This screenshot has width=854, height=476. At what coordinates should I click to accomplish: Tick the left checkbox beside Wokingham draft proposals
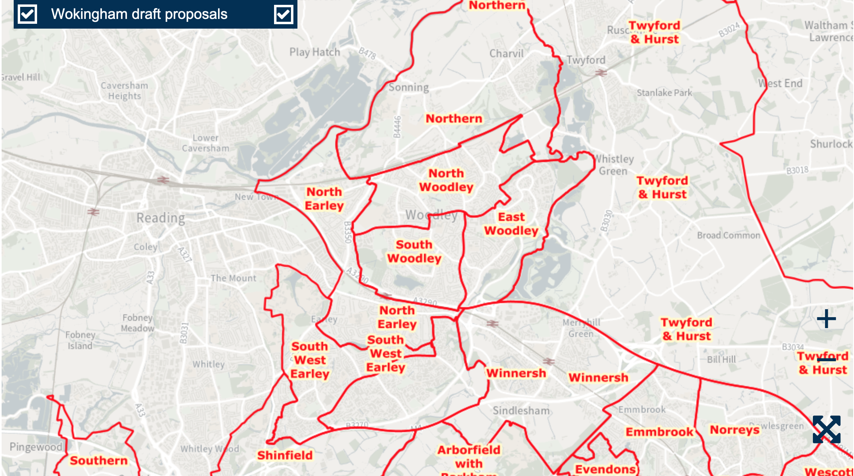(27, 14)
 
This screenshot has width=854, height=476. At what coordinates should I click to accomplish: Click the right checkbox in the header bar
(283, 15)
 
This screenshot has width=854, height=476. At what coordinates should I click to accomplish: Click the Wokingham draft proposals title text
(139, 14)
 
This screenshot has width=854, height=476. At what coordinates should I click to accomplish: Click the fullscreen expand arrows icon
(826, 429)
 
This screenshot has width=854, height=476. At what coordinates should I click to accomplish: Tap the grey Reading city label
(160, 218)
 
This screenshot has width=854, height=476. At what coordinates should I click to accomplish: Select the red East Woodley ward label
(511, 224)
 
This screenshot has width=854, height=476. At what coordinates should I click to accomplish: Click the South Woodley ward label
(414, 252)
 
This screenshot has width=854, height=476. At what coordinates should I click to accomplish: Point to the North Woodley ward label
(446, 180)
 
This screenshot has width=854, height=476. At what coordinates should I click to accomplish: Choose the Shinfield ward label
(285, 455)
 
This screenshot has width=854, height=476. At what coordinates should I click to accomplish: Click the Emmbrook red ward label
(659, 432)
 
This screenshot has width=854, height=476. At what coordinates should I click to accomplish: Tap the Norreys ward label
(734, 430)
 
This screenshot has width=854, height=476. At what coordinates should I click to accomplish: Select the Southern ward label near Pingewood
(98, 460)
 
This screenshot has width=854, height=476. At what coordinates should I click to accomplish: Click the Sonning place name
(408, 87)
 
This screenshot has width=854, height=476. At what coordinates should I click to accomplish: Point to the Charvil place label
(506, 54)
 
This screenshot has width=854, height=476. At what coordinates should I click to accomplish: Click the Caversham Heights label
(124, 91)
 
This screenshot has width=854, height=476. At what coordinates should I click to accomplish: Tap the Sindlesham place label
(521, 411)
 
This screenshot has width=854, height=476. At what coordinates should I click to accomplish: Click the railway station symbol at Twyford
(601, 73)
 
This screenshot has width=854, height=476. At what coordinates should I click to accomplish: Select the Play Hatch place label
(314, 52)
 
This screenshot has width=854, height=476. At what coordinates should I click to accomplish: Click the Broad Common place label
(728, 235)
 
